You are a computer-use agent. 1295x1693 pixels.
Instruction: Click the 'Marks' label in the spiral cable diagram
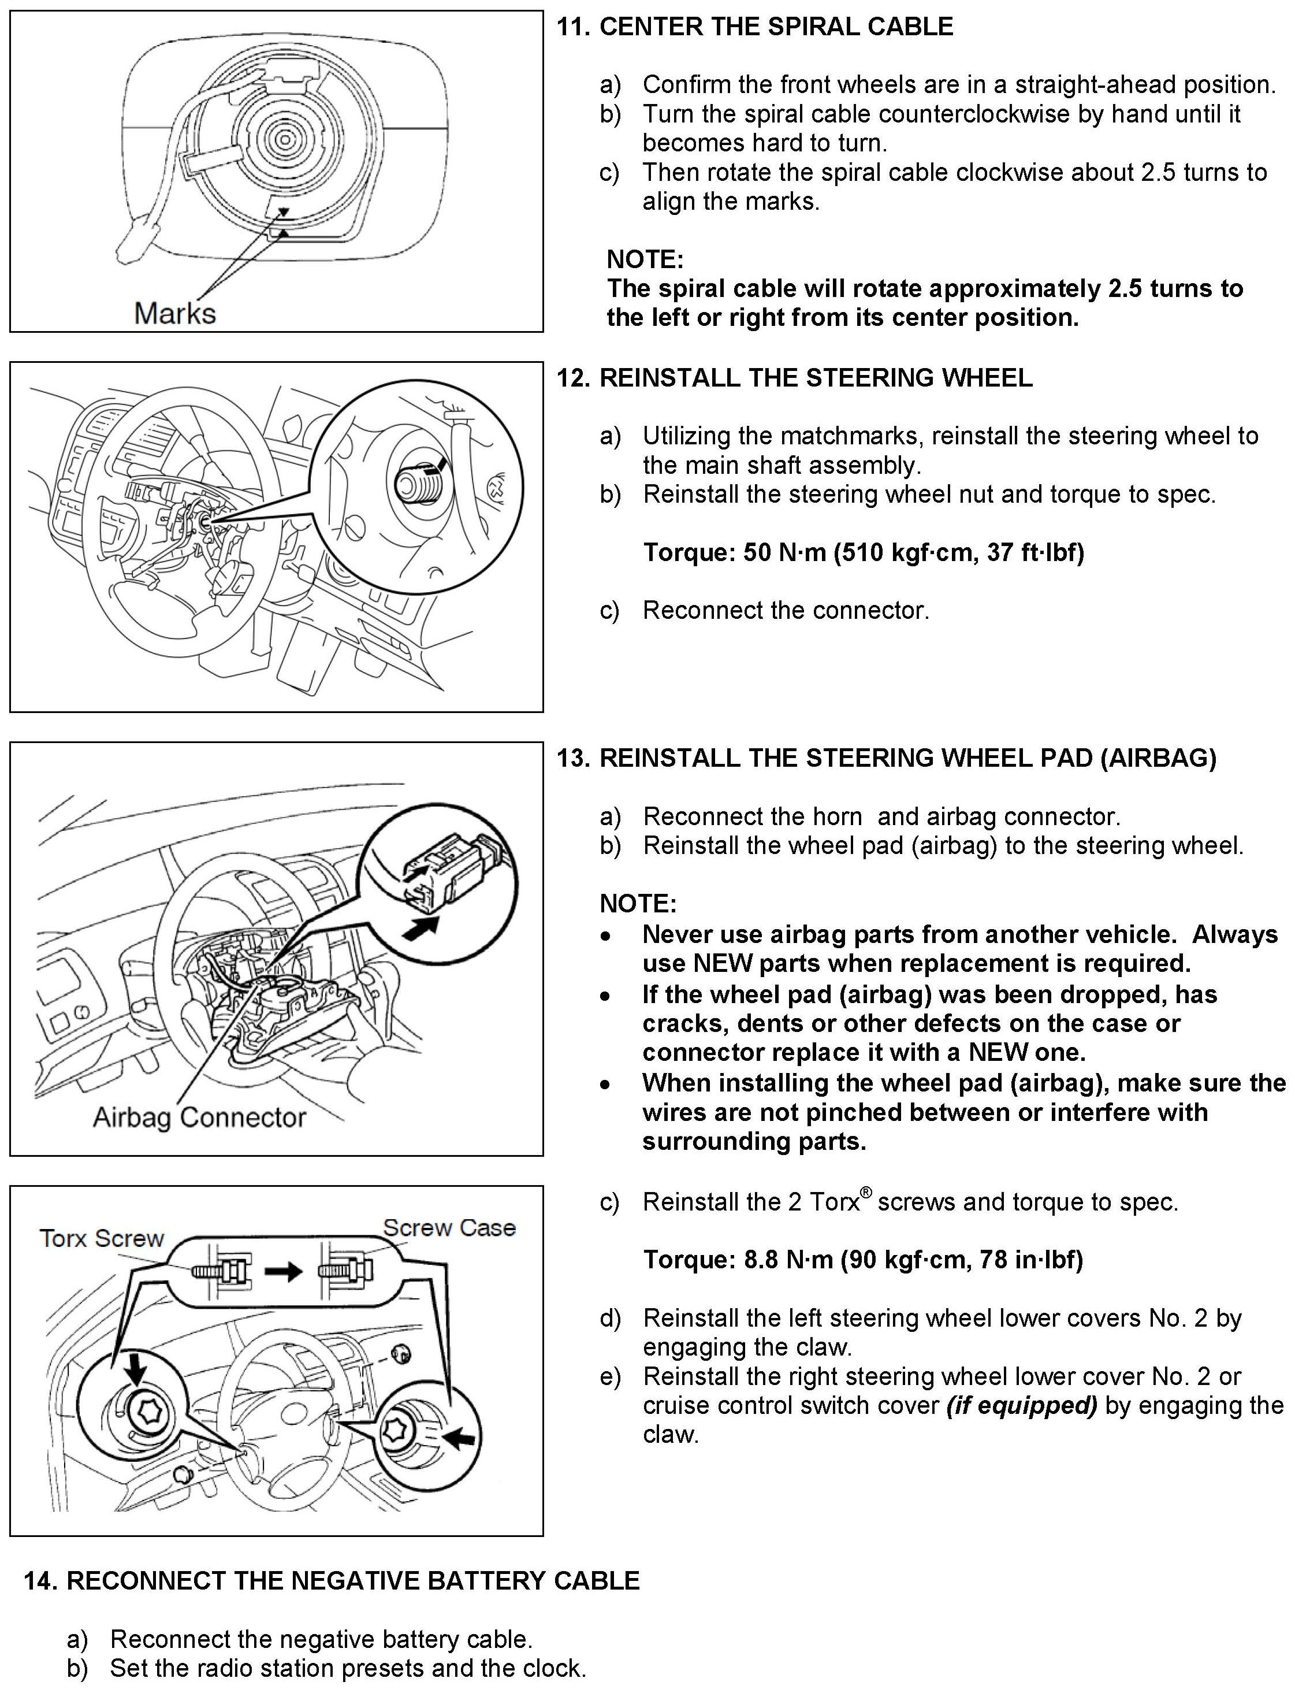click(x=175, y=313)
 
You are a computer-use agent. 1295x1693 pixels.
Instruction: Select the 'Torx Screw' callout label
click(x=102, y=1238)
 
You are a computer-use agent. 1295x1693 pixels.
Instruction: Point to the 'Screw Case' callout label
click(x=449, y=1227)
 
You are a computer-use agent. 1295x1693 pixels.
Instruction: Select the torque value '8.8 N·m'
click(x=788, y=1260)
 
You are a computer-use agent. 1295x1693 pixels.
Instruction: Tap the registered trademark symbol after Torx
click(x=866, y=1193)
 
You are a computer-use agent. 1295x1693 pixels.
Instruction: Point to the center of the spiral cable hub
click(x=284, y=139)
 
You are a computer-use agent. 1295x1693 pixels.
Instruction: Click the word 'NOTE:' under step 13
click(x=638, y=904)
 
